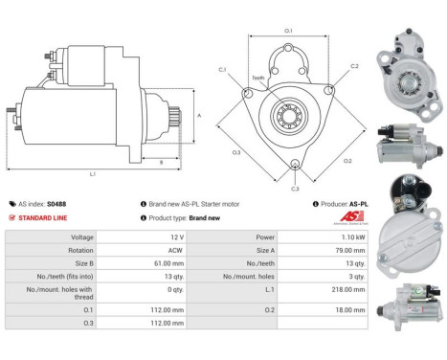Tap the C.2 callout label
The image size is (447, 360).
354,66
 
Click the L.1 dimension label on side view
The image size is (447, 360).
92,173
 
